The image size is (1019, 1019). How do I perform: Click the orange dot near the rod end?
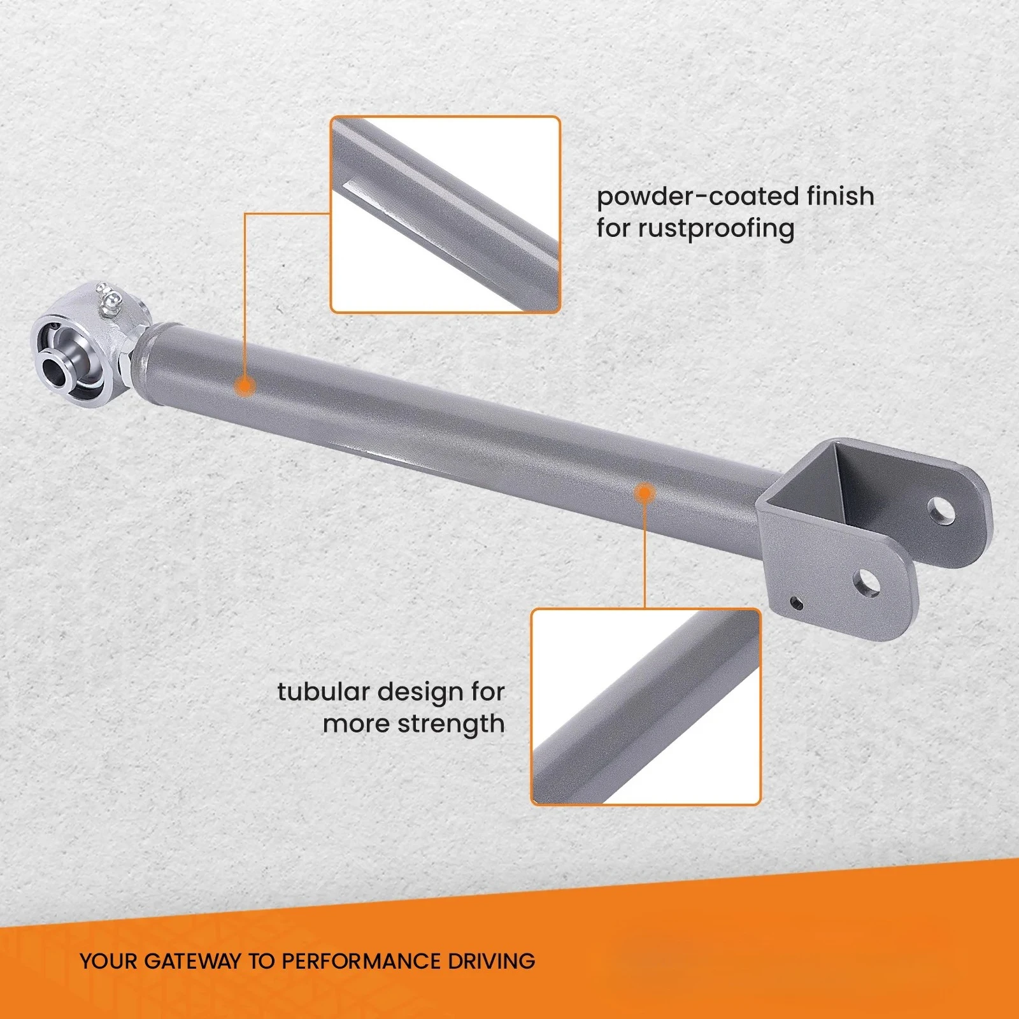point(245,386)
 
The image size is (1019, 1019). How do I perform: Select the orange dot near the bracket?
point(645,493)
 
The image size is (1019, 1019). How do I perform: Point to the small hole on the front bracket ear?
point(796,602)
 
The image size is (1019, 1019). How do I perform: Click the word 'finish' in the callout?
point(840,196)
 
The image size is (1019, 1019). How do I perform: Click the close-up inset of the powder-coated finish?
point(445,215)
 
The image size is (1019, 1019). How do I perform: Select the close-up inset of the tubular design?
point(646,707)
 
